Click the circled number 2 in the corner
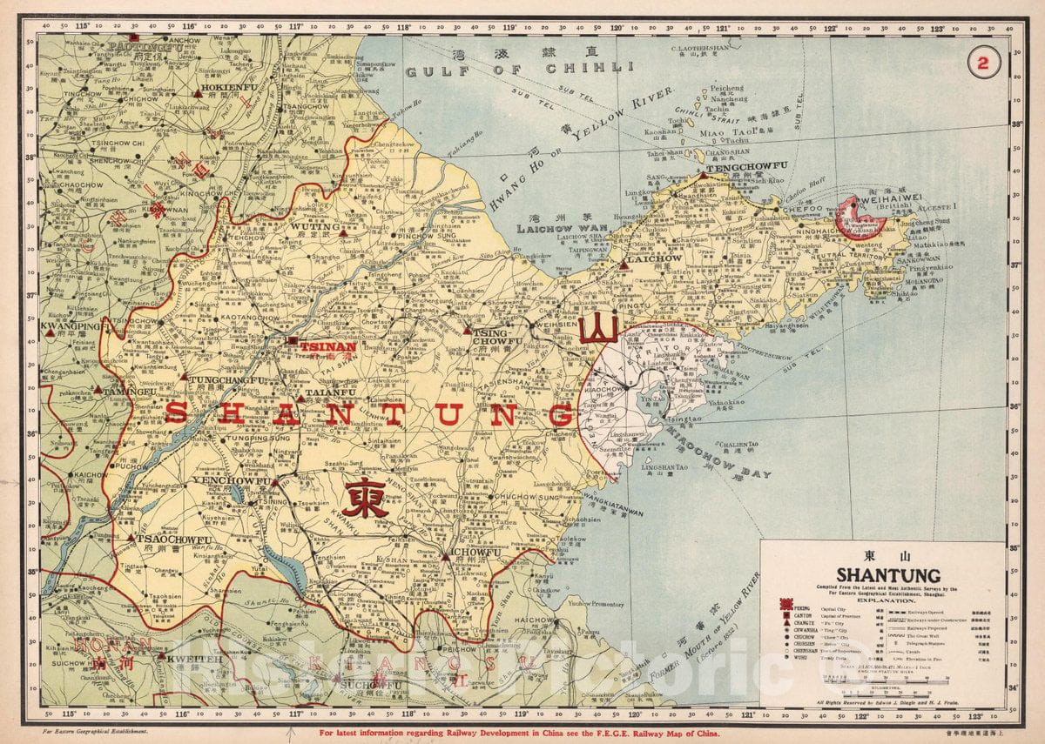click(x=983, y=62)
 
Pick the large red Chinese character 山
click(x=599, y=329)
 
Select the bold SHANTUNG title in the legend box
click(x=887, y=575)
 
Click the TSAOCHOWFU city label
click(x=174, y=540)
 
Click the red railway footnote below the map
click(x=520, y=734)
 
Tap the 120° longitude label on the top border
click(x=617, y=27)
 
